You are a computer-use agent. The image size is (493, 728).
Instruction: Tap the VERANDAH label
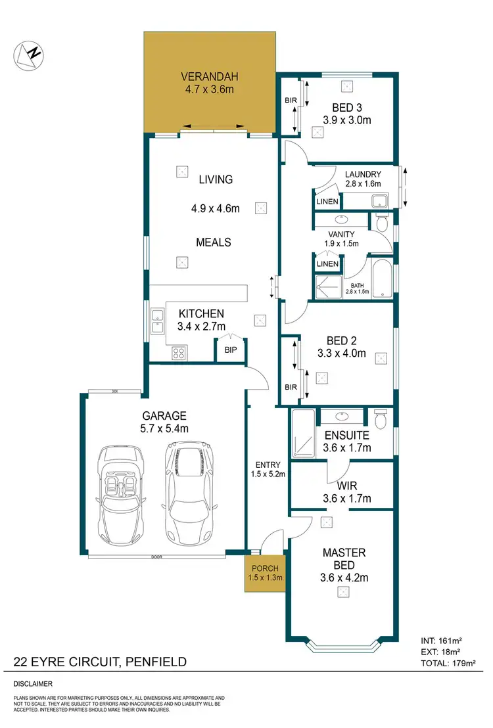(x=207, y=76)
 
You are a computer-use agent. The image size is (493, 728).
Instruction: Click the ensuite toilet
(x=379, y=419)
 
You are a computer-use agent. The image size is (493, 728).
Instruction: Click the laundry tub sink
(x=379, y=201)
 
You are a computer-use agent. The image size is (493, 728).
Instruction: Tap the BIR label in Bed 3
(x=291, y=101)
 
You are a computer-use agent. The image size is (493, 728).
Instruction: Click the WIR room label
(x=346, y=486)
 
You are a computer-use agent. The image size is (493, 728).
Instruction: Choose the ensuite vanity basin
(x=342, y=417)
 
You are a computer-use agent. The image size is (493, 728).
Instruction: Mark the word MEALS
(x=214, y=242)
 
